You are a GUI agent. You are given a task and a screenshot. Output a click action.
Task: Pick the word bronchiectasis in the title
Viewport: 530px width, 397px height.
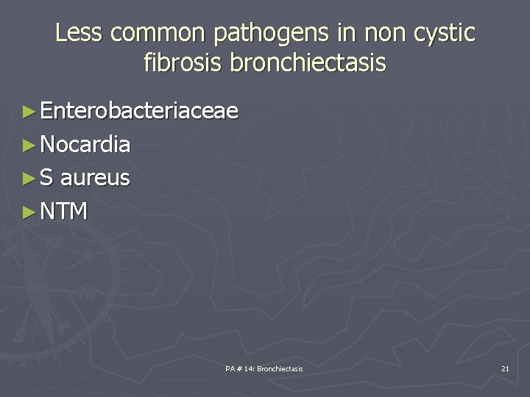pos(308,63)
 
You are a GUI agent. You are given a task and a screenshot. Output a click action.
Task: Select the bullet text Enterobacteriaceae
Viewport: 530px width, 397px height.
pos(139,111)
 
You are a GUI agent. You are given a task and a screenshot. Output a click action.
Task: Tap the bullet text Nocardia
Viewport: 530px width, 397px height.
pos(85,145)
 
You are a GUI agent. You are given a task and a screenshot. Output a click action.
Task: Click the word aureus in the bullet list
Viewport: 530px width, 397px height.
pos(95,178)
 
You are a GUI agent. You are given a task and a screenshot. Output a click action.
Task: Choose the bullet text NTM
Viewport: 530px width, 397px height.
pos(64,212)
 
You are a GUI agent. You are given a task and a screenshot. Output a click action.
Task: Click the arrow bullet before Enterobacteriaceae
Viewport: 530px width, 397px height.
pos(29,112)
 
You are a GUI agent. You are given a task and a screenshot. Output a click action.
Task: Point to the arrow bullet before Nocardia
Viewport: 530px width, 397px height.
pos(29,146)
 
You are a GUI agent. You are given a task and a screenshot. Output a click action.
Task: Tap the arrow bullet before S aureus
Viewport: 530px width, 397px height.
pos(29,179)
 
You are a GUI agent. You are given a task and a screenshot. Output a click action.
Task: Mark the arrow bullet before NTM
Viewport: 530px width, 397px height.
pos(29,212)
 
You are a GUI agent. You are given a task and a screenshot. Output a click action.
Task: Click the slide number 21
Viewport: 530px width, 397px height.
pos(504,368)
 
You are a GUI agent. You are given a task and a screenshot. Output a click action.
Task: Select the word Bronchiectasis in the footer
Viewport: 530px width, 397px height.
pos(280,368)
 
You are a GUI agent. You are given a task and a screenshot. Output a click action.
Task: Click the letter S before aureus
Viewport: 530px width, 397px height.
pos(47,178)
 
